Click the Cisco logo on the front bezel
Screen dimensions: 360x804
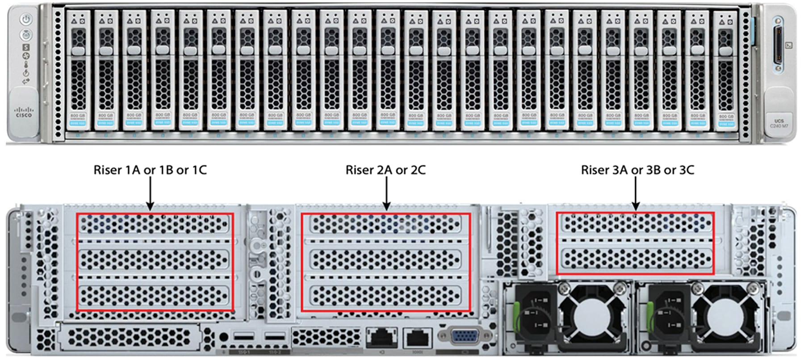(24, 112)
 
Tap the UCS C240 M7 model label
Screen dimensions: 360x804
(779, 123)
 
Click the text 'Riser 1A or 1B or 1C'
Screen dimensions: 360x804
(150, 170)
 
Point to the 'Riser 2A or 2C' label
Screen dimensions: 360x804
(385, 170)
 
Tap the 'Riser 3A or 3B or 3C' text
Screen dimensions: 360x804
(637, 170)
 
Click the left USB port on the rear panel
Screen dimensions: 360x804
(243, 336)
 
